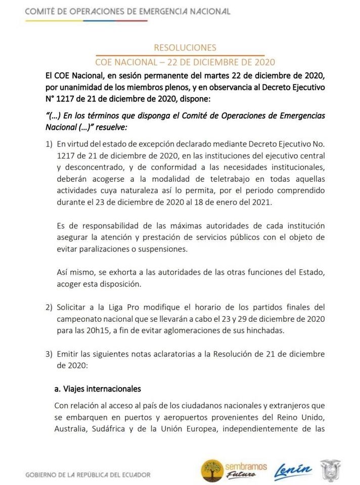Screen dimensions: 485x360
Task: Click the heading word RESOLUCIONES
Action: tap(185, 47)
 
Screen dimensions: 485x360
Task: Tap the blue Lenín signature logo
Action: tap(292, 471)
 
